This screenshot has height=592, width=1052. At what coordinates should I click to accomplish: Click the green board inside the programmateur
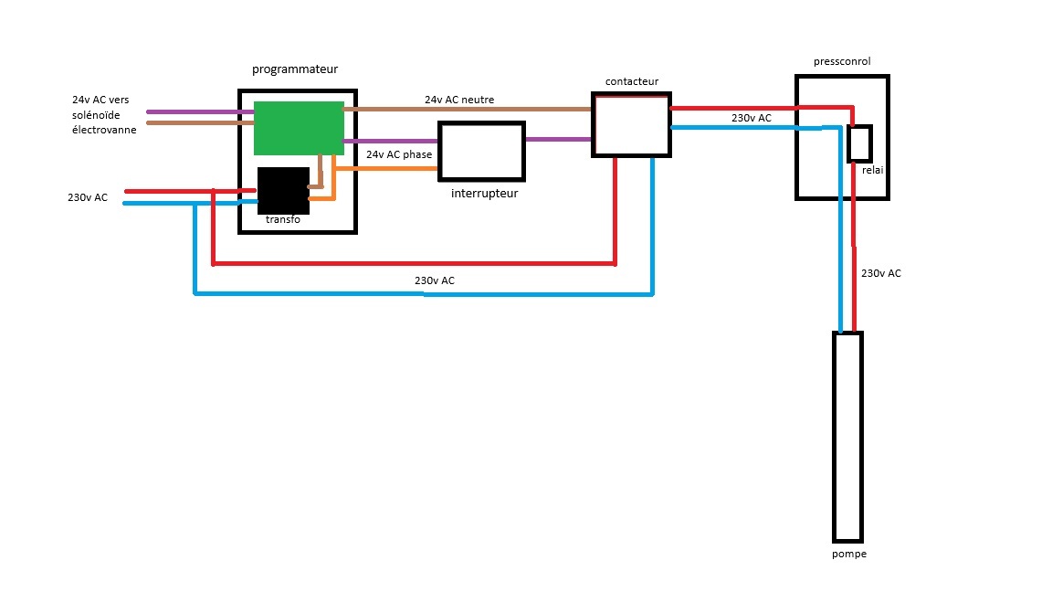coord(299,128)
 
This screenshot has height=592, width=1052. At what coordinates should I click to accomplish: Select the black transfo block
coord(283,191)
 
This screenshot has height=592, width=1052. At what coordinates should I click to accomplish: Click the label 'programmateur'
coord(295,69)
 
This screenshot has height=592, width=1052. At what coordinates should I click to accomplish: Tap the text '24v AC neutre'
coord(459,100)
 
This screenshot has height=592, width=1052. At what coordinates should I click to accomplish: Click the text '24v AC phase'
coord(399,154)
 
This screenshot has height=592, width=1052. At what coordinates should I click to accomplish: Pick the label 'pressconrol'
coord(842,61)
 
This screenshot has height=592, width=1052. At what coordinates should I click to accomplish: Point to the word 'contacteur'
coord(632,81)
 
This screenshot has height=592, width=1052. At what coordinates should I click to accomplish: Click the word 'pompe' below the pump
coord(849,554)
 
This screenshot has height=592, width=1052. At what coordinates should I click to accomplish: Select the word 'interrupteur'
coord(484,194)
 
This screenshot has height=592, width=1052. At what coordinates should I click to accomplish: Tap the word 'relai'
coord(873,170)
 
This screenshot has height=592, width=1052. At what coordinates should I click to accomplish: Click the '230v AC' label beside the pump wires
coord(881,273)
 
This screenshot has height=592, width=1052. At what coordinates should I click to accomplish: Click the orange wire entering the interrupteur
coord(386,168)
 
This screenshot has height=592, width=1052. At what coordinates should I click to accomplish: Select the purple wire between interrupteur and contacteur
coord(558,140)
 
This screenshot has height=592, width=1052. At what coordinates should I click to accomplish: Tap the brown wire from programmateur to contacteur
coord(468,109)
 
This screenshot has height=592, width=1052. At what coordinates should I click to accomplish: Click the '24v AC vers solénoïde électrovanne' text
coord(104,115)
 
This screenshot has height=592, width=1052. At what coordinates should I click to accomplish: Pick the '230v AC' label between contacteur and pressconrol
coord(752,118)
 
